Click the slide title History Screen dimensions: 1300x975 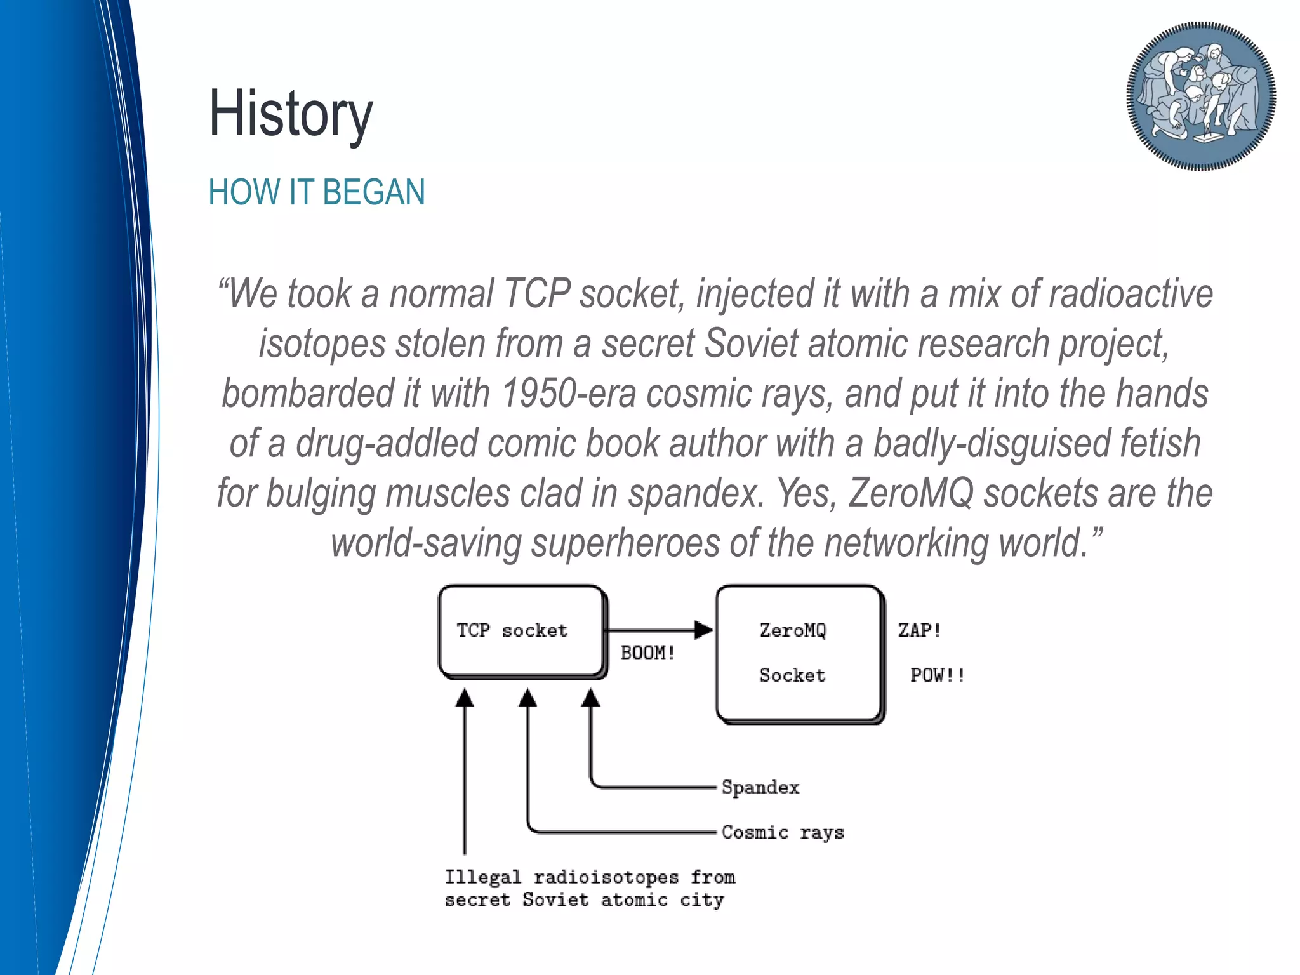[291, 114]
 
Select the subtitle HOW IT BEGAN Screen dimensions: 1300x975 [316, 192]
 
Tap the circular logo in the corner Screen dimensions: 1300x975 [1200, 96]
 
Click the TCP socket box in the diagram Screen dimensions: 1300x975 [521, 631]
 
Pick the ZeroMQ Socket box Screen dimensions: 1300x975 [799, 653]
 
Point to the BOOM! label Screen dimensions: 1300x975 [647, 653]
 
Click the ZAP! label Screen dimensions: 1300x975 [919, 630]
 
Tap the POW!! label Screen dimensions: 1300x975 [938, 675]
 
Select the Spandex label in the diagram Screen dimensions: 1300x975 [760, 788]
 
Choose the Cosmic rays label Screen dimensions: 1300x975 [783, 832]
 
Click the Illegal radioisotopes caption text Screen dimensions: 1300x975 [589, 888]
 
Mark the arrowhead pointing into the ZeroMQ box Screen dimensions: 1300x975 [704, 630]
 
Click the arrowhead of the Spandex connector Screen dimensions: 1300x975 [591, 699]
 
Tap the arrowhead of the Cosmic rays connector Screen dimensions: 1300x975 [527, 699]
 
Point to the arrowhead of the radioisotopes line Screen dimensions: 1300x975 [465, 699]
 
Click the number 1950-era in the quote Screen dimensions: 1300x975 [568, 393]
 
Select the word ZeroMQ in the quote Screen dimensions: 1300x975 [911, 493]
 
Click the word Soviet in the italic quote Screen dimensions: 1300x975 [751, 343]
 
